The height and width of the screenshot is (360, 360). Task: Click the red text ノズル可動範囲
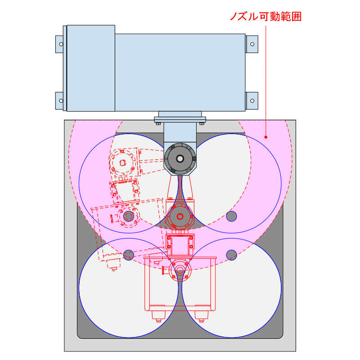tap(265, 17)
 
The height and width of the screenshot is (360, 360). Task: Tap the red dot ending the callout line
tap(266, 137)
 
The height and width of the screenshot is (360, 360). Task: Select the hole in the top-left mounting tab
tap(61, 44)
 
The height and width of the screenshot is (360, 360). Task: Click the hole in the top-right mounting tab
tap(252, 44)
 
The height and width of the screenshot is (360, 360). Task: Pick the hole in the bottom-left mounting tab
tap(61, 101)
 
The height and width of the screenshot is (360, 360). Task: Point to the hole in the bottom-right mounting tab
tap(252, 101)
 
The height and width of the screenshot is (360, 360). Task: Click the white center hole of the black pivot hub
tap(180, 158)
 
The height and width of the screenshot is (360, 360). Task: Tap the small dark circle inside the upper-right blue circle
tap(231, 216)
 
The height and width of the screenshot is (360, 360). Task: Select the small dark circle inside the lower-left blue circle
tap(129, 255)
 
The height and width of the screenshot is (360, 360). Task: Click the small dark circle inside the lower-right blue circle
tap(231, 255)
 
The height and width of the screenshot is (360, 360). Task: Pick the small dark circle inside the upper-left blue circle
tap(129, 216)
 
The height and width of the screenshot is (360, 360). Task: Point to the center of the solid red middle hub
tap(180, 216)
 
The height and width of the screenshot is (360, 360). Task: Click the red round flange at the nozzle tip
tap(180, 270)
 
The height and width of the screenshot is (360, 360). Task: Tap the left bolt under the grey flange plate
tap(158, 124)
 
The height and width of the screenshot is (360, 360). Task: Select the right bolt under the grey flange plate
tap(202, 124)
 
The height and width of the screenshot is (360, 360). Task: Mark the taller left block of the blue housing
tap(91, 68)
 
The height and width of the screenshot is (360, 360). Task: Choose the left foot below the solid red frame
tap(158, 316)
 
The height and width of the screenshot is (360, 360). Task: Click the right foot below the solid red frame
tap(202, 316)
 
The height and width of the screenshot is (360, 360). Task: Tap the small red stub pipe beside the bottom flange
tap(166, 270)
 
